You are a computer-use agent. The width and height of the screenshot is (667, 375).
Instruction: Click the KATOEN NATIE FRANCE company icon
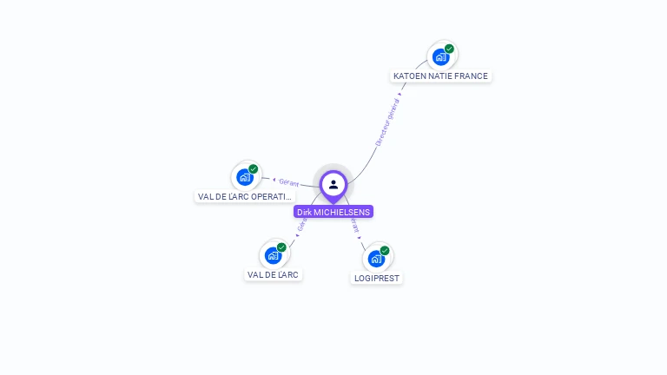pyautogui.click(x=440, y=57)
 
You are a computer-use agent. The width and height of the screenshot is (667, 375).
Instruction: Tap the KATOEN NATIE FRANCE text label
pyautogui.click(x=440, y=76)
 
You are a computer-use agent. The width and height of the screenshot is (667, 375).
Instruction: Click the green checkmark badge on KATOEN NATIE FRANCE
pyautogui.click(x=449, y=49)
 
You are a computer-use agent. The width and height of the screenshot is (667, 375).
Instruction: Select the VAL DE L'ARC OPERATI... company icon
pyautogui.click(x=245, y=177)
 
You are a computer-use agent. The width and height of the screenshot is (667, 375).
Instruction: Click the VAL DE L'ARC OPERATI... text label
pyautogui.click(x=245, y=197)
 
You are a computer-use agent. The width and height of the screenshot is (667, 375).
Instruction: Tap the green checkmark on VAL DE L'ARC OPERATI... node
pyautogui.click(x=254, y=168)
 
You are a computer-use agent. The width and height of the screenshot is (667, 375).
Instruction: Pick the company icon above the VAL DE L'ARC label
pyautogui.click(x=273, y=255)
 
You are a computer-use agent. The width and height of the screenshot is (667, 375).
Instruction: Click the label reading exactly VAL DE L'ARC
pyautogui.click(x=273, y=275)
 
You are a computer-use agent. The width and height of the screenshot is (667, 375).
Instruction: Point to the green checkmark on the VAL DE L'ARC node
pyautogui.click(x=281, y=247)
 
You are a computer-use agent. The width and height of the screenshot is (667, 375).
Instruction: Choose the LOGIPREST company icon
pyautogui.click(x=376, y=259)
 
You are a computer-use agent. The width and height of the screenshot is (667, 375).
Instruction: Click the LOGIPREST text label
pyautogui.click(x=377, y=279)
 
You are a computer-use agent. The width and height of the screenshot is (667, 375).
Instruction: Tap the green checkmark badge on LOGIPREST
pyautogui.click(x=385, y=250)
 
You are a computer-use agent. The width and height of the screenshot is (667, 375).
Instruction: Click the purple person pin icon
pyautogui.click(x=333, y=185)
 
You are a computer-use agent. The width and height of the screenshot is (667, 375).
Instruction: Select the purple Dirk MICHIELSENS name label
pyautogui.click(x=333, y=212)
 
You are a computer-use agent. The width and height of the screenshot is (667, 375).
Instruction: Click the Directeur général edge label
pyautogui.click(x=387, y=122)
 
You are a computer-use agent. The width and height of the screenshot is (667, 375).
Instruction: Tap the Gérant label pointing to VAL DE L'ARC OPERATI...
pyautogui.click(x=288, y=182)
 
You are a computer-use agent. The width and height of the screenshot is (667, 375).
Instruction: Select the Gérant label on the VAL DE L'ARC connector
pyautogui.click(x=301, y=225)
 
